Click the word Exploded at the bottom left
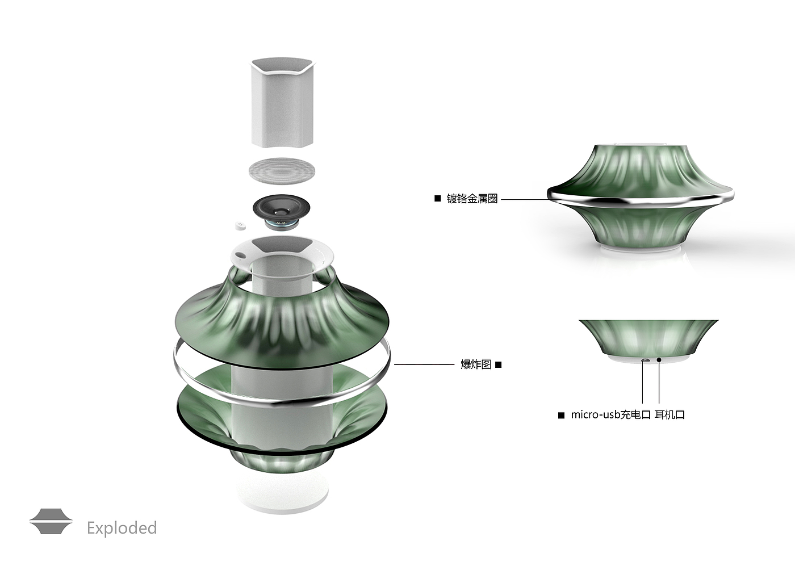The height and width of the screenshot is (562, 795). pyautogui.click(x=122, y=529)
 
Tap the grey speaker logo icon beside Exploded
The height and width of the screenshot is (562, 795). pyautogui.click(x=51, y=521)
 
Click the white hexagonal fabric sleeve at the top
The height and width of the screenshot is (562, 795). pyautogui.click(x=283, y=102)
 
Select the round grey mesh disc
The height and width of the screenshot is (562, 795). pyautogui.click(x=282, y=170)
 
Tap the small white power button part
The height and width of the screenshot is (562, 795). pyautogui.click(x=240, y=225)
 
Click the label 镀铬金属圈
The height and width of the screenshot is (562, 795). pyautogui.click(x=472, y=199)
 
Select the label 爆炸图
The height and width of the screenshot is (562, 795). pyautogui.click(x=476, y=364)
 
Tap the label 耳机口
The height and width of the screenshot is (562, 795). pyautogui.click(x=670, y=415)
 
